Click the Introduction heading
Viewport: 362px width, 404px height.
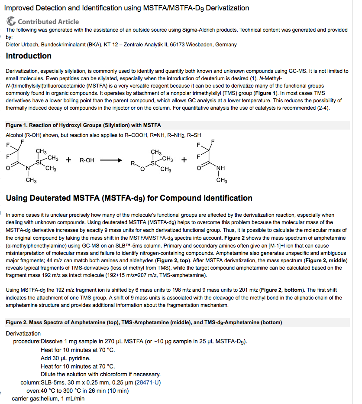[29, 56]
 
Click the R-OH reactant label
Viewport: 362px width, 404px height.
[87, 160]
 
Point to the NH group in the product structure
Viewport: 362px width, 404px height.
[220, 168]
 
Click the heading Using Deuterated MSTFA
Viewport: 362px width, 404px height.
[129, 198]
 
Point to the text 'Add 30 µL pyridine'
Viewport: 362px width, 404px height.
[65, 358]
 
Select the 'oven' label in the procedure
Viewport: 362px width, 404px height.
[33, 391]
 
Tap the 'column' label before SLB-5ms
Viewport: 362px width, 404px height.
[30, 382]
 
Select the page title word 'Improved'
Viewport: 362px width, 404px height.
[20, 8]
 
